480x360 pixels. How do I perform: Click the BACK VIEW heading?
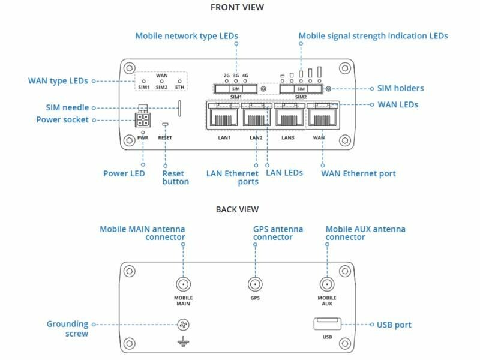[x=237, y=209]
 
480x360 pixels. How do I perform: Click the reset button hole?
[x=165, y=124]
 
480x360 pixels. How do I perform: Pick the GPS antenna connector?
[x=255, y=286]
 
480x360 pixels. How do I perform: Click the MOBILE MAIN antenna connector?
[x=184, y=286]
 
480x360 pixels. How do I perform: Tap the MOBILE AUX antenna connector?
[x=326, y=286]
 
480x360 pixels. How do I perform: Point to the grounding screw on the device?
[x=184, y=326]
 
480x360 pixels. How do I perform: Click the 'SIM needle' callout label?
[x=67, y=108]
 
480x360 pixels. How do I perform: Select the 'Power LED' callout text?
[x=124, y=174]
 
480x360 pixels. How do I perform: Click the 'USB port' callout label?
[x=394, y=325]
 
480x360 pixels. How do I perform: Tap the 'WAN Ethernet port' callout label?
[x=358, y=174]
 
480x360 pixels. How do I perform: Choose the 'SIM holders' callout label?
[x=400, y=88]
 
